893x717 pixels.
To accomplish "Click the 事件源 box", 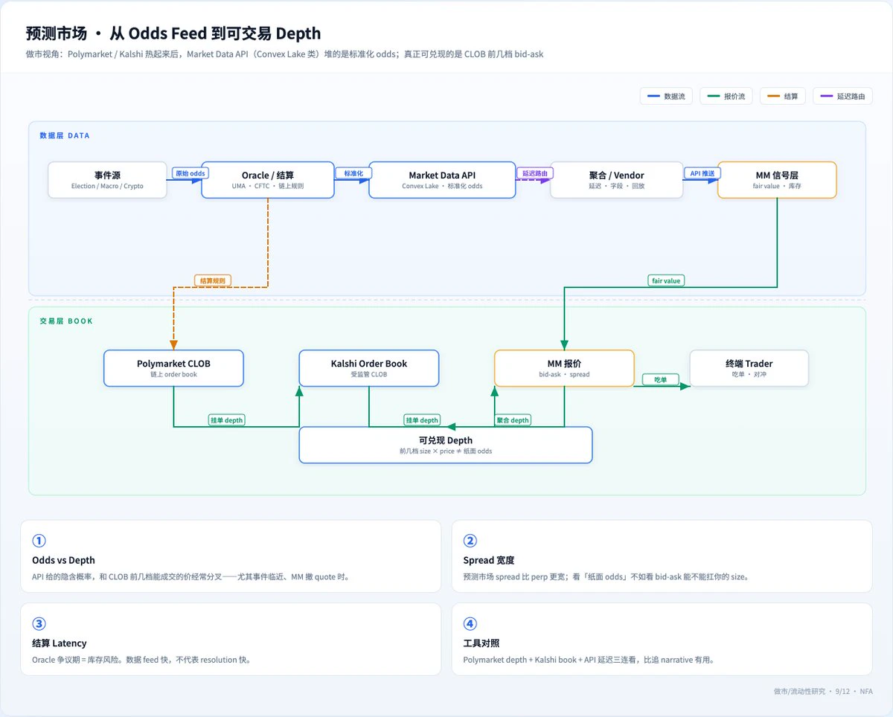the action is click(107, 179).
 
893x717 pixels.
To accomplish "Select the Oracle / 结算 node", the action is click(268, 179).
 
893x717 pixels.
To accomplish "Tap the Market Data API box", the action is click(442, 179).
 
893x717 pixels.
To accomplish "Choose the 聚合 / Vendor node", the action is click(616, 179).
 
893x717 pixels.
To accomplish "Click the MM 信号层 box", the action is click(777, 179).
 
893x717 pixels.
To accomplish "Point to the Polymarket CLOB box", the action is click(173, 368).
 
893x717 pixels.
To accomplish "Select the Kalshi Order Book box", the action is click(369, 368).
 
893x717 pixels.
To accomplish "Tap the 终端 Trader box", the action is click(749, 368).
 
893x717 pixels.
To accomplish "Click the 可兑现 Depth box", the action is click(445, 445).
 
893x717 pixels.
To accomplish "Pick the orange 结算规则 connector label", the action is click(213, 280).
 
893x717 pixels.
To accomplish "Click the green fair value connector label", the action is click(666, 280).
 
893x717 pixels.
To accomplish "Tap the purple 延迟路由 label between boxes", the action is click(535, 173).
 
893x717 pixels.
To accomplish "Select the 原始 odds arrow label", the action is click(190, 173).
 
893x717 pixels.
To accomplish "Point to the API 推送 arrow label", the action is click(702, 173).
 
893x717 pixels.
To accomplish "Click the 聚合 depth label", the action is click(513, 420).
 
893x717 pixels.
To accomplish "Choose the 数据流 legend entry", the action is click(666, 96).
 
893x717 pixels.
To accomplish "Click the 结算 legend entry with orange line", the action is click(783, 96).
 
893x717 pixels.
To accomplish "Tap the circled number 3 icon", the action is click(39, 623).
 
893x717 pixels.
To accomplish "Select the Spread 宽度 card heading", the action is click(488, 560).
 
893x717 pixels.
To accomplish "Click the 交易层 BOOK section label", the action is click(66, 321).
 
